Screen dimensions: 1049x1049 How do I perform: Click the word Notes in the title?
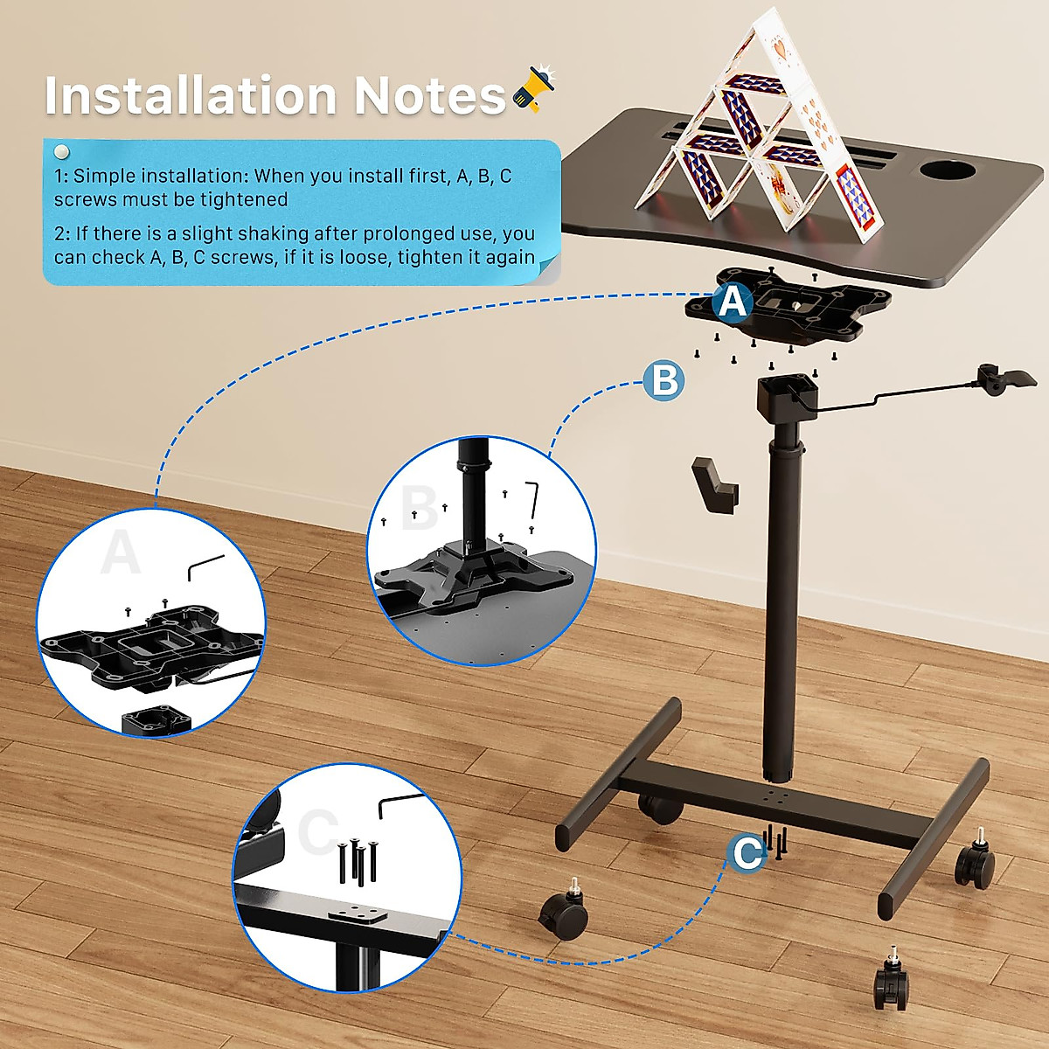click(428, 95)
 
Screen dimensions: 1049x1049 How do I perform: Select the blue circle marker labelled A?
click(733, 302)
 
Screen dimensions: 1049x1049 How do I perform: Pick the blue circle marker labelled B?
click(664, 381)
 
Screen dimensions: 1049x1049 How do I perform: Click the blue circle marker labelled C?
click(747, 852)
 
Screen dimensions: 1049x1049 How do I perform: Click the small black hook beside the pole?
click(714, 482)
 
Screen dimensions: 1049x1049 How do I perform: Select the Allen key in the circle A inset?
click(205, 566)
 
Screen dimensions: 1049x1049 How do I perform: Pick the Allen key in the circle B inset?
click(533, 499)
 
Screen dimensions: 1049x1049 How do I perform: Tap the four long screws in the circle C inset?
click(357, 861)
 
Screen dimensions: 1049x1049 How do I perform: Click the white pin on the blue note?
click(61, 152)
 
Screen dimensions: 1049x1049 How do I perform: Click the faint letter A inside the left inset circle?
click(121, 552)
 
